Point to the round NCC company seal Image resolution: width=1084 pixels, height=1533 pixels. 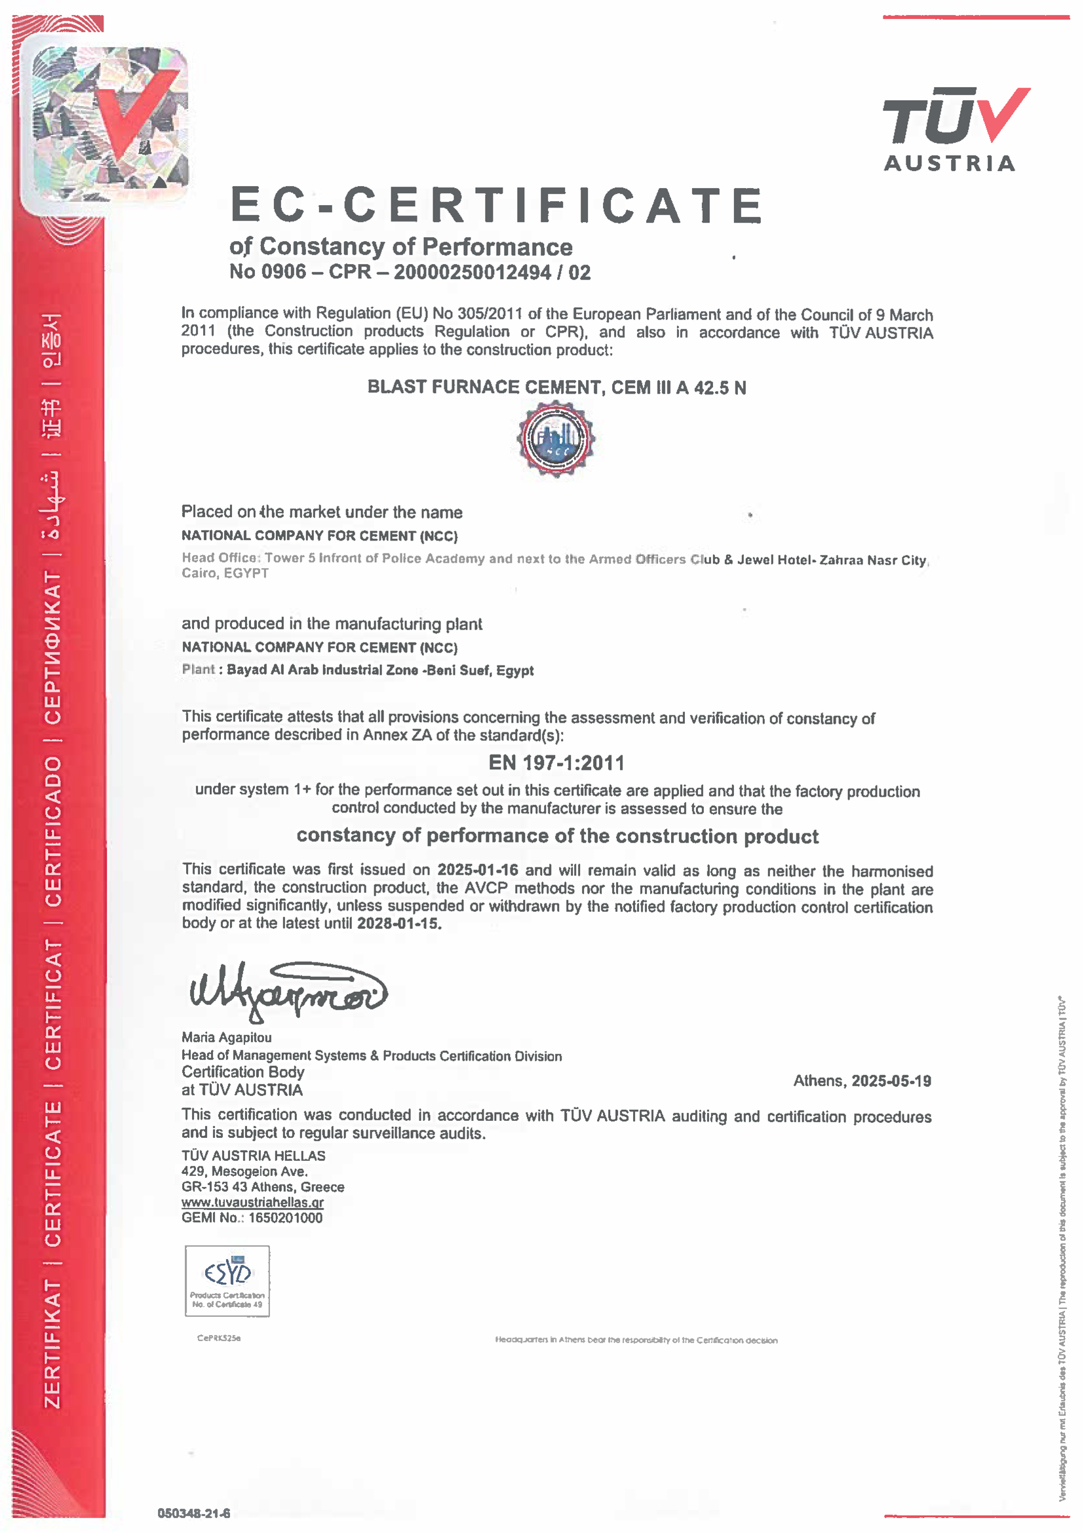556,440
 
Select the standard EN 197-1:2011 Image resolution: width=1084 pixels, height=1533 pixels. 556,763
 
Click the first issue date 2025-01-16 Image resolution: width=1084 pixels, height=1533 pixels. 478,870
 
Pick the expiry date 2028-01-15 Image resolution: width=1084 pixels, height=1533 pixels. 398,924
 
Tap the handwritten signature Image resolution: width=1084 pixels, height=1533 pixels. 287,991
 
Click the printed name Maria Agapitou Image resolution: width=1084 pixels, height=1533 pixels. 226,1037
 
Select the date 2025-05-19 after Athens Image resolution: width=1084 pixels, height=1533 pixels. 891,1080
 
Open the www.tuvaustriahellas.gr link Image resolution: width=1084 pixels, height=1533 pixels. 252,1203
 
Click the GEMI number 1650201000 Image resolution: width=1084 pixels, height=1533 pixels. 285,1218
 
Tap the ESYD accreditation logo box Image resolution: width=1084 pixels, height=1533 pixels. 227,1281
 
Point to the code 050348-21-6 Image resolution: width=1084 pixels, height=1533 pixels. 194,1513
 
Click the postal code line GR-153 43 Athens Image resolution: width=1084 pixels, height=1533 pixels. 263,1186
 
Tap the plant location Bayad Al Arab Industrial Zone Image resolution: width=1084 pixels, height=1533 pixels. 322,670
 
